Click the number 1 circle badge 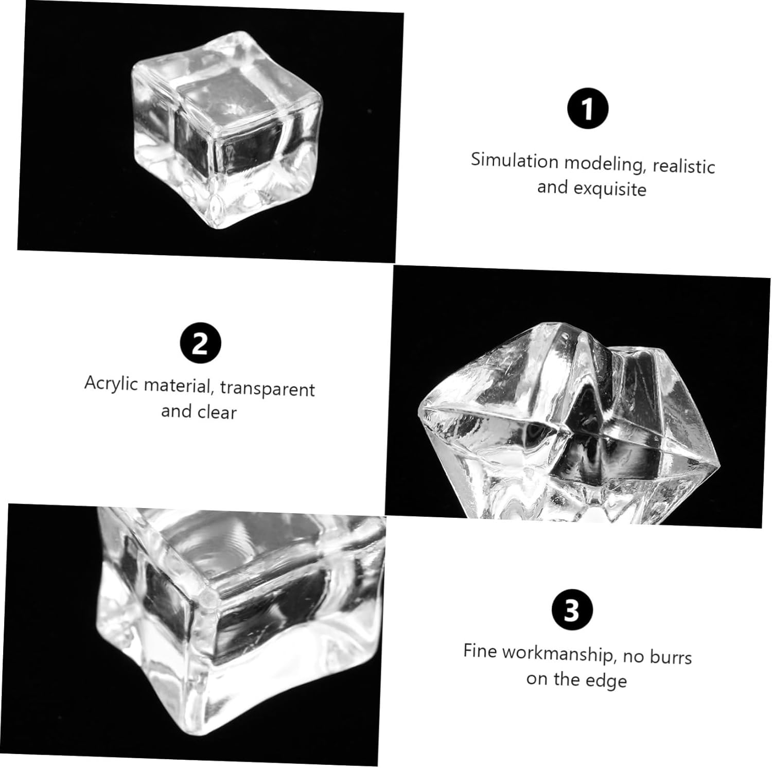point(587,109)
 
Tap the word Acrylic point(112,384)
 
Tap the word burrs point(671,656)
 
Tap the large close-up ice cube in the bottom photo point(239,618)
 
